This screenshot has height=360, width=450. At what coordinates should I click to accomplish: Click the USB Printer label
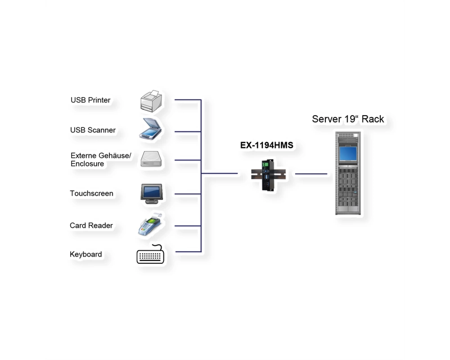[90, 100]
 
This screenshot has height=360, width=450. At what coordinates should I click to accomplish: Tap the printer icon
[151, 101]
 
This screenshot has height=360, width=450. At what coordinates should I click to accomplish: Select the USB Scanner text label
[93, 130]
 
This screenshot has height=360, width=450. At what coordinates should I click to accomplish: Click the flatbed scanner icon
[151, 129]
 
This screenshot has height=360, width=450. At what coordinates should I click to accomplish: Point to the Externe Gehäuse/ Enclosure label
[101, 160]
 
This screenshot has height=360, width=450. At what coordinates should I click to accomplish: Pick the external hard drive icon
[151, 159]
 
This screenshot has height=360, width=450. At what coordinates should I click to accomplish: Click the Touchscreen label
[91, 193]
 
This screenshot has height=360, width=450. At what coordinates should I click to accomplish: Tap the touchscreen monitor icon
[152, 194]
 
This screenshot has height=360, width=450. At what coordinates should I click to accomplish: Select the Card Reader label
[91, 225]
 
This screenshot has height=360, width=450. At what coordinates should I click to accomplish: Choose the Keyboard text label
[86, 254]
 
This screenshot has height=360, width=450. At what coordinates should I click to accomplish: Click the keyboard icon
[150, 254]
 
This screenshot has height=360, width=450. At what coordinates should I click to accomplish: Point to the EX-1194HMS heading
[266, 145]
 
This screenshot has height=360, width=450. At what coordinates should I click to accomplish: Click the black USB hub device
[268, 175]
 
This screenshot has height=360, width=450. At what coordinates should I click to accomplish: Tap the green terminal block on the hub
[265, 164]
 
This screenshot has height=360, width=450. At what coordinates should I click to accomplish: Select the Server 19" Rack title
[348, 119]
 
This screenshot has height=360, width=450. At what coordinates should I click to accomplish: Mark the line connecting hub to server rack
[311, 174]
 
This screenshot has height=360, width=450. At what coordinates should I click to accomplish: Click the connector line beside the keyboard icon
[188, 252]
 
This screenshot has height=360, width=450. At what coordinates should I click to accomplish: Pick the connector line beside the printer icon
[188, 99]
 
